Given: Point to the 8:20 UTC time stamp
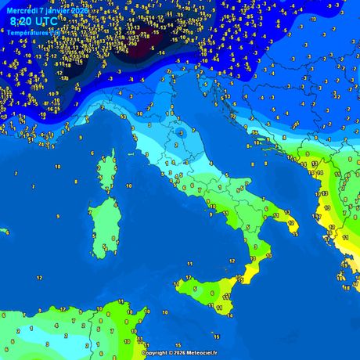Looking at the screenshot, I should [x=32, y=20].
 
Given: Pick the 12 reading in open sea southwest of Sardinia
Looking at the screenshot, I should [x=39, y=278].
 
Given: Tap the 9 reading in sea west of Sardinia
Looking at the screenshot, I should [x=57, y=216].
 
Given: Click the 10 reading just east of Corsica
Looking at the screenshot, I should [x=129, y=186].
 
